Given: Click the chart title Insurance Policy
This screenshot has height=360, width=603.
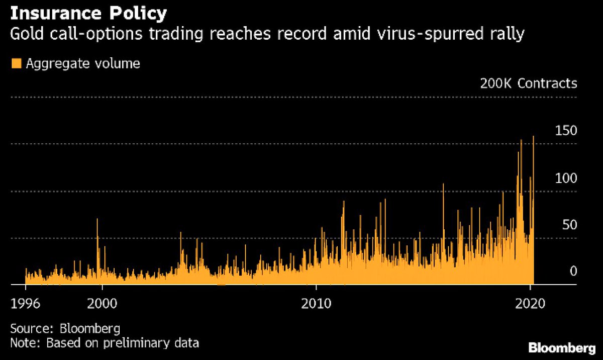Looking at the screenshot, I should (x=88, y=13).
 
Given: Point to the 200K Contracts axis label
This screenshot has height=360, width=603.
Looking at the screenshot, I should (x=529, y=83).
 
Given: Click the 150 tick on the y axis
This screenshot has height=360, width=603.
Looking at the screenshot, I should (x=565, y=131).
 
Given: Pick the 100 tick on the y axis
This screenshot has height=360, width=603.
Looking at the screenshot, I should (x=565, y=178).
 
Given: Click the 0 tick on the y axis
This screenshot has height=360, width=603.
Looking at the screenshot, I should (x=572, y=272).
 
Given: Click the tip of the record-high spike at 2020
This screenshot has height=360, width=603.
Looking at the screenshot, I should (x=533, y=136).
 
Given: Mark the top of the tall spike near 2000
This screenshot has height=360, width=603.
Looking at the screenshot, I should (x=97, y=219).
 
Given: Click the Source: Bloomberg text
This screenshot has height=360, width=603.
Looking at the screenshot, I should (x=65, y=329).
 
